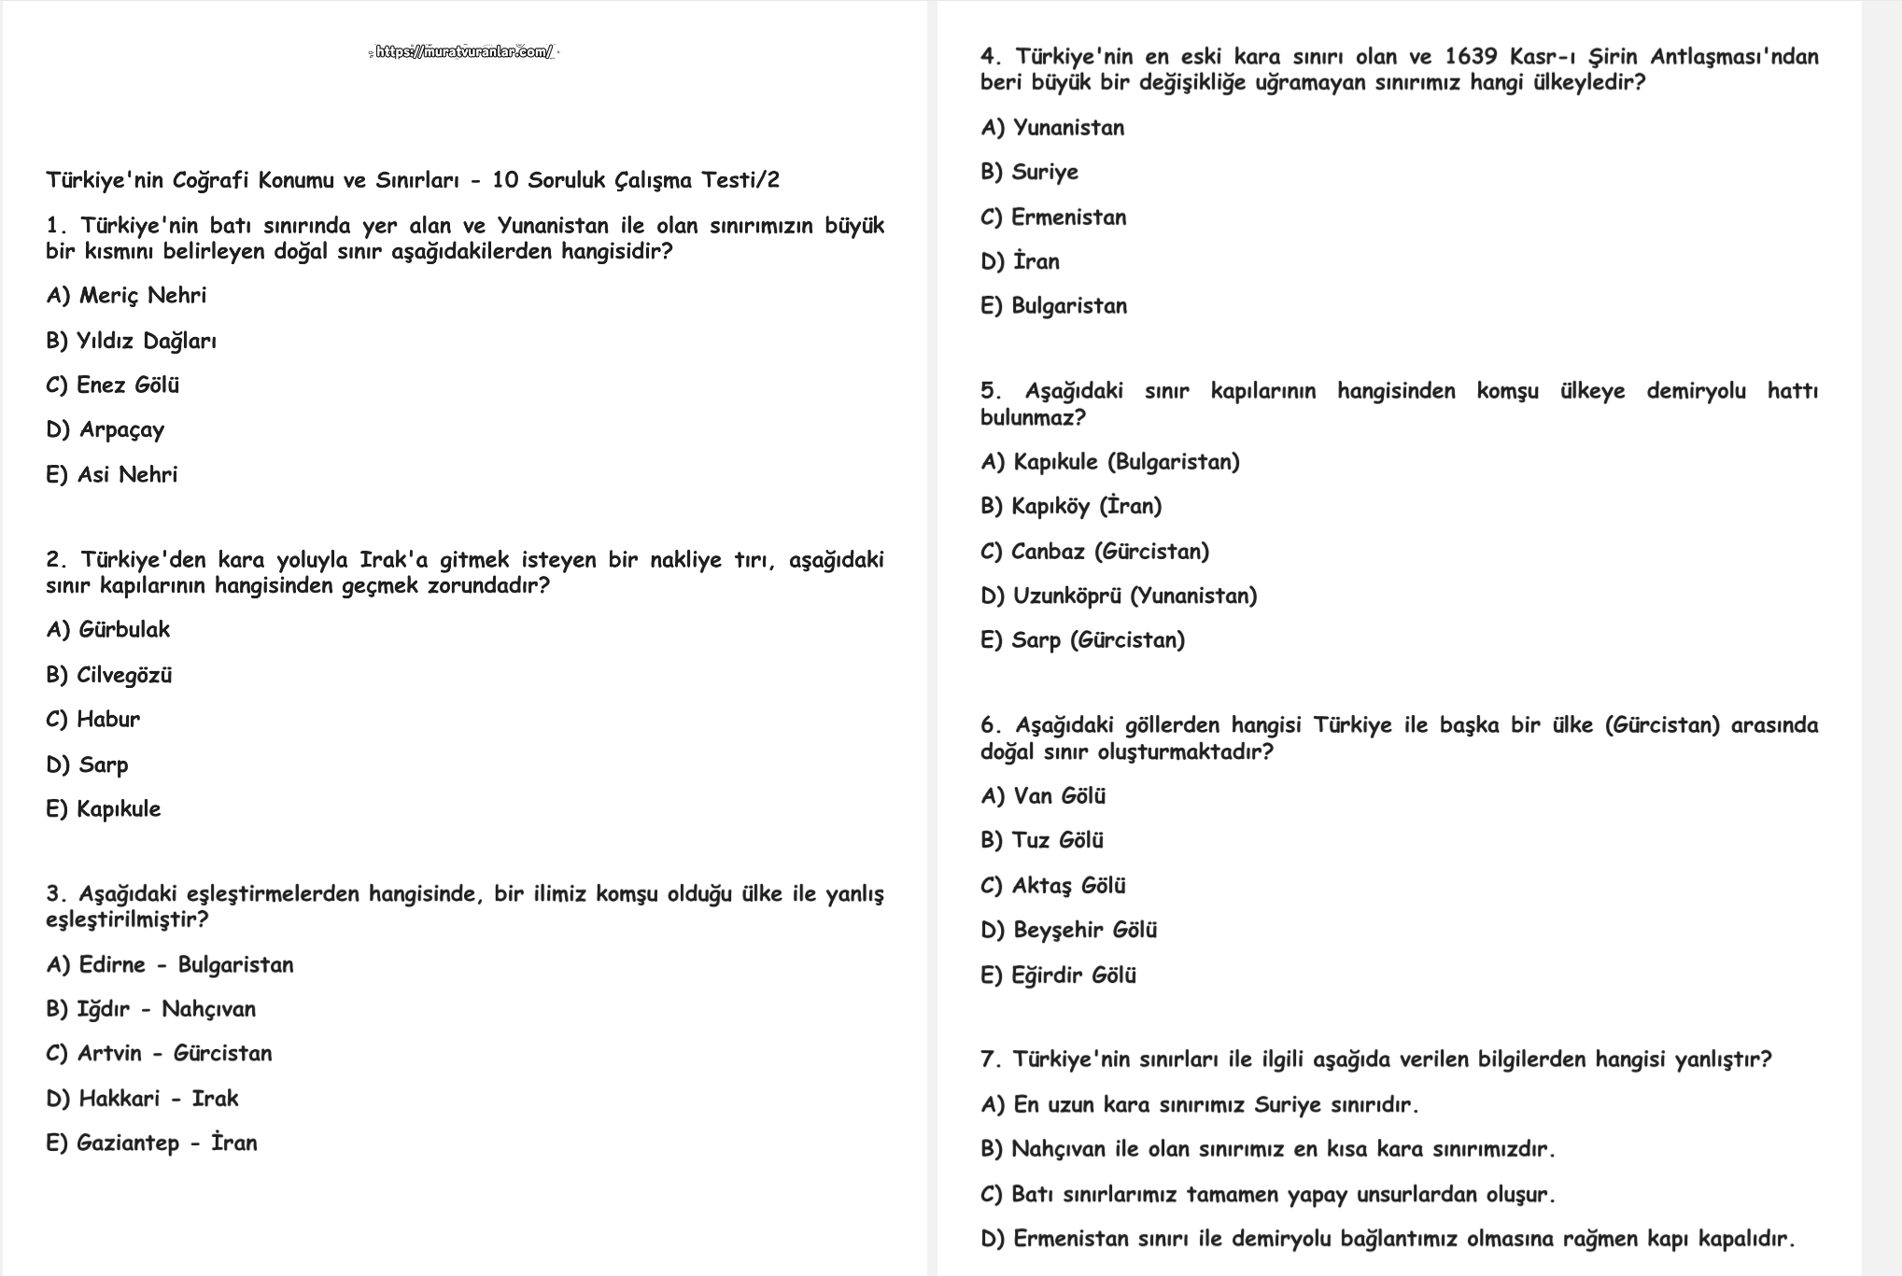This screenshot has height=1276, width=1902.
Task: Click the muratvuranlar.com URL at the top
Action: [464, 52]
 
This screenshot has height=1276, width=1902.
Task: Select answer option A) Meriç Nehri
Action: [126, 296]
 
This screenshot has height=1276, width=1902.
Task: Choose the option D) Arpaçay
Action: [106, 430]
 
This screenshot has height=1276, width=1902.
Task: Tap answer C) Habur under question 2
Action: [93, 720]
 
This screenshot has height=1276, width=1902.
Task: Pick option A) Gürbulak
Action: [108, 630]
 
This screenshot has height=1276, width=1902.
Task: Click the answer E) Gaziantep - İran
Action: [151, 1143]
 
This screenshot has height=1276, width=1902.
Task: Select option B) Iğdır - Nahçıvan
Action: [150, 1009]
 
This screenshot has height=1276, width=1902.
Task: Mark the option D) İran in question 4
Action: [1020, 261]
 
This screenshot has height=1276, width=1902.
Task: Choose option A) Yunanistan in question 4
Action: [1052, 128]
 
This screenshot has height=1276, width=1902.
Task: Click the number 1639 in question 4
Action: [1471, 57]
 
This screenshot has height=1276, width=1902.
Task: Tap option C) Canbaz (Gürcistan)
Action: [1094, 552]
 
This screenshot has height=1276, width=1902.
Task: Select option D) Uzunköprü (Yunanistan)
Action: [1119, 596]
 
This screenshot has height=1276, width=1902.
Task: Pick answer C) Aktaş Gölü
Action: [1053, 886]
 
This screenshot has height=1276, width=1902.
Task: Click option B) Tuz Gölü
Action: [1042, 841]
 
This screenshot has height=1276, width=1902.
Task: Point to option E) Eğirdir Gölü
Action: [1058, 975]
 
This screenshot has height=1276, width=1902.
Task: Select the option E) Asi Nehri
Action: [112, 475]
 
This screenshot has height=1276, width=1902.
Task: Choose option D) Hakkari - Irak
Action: [142, 1099]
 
